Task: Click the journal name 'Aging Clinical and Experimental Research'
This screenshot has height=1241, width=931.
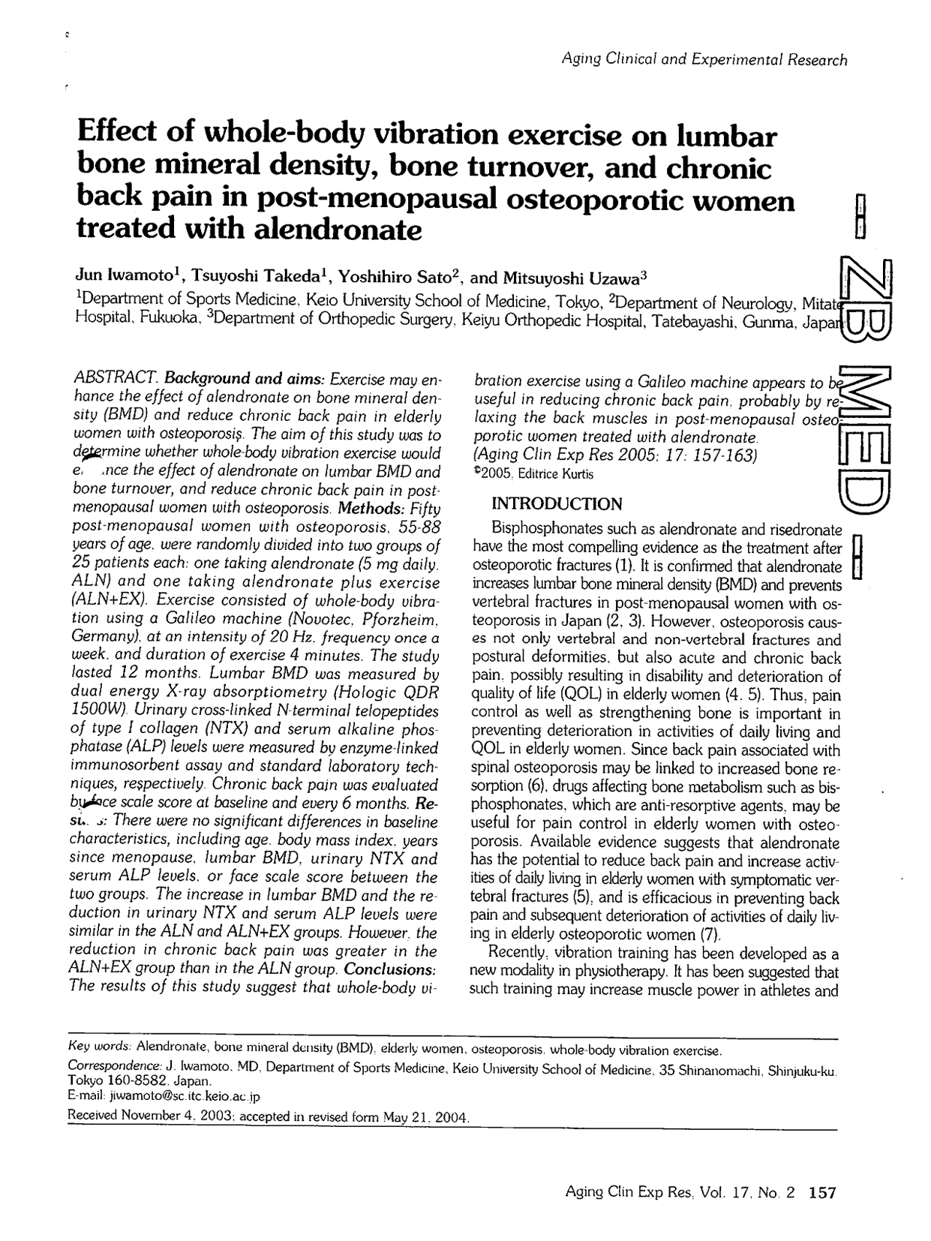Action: click(x=704, y=60)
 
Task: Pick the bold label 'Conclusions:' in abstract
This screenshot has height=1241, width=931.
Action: click(x=391, y=968)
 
